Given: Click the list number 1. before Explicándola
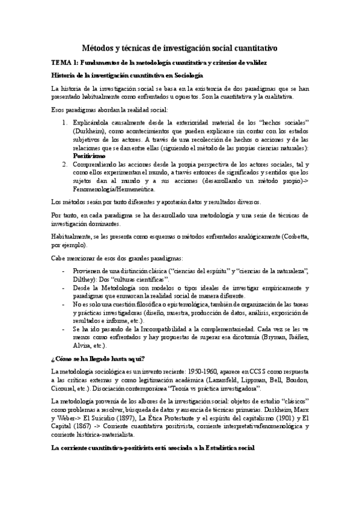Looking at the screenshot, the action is pyautogui.click(x=66, y=122).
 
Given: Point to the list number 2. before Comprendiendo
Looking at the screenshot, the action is pyautogui.click(x=66, y=164).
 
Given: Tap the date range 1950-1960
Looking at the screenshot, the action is pyautogui.click(x=195, y=372).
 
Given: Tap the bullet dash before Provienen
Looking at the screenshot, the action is pyautogui.click(x=65, y=271).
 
